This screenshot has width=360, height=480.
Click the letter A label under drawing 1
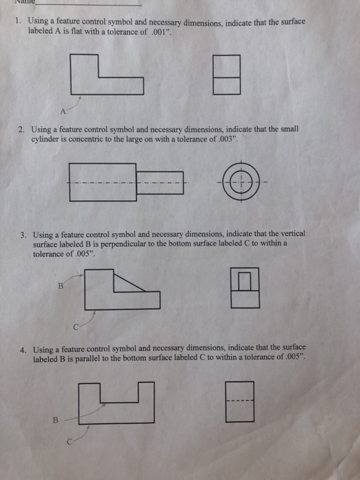click(63, 111)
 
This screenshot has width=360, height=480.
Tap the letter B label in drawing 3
click(60, 286)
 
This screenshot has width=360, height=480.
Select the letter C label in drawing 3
click(76, 327)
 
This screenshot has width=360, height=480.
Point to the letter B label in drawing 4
click(56, 420)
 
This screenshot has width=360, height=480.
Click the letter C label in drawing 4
click(70, 442)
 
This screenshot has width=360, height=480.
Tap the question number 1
click(19, 21)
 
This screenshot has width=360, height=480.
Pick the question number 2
click(21, 130)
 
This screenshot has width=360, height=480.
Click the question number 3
click(23, 235)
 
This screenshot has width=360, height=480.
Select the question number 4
click(23, 350)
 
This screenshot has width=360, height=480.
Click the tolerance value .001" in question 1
click(160, 32)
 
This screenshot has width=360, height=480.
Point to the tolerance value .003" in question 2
click(227, 139)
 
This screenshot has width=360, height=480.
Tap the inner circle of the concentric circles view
click(241, 182)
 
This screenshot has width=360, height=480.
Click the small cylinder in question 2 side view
click(160, 183)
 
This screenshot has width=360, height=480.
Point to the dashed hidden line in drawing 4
click(240, 400)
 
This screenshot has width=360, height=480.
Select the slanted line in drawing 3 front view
click(130, 283)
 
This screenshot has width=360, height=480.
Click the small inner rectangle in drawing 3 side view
click(245, 281)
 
